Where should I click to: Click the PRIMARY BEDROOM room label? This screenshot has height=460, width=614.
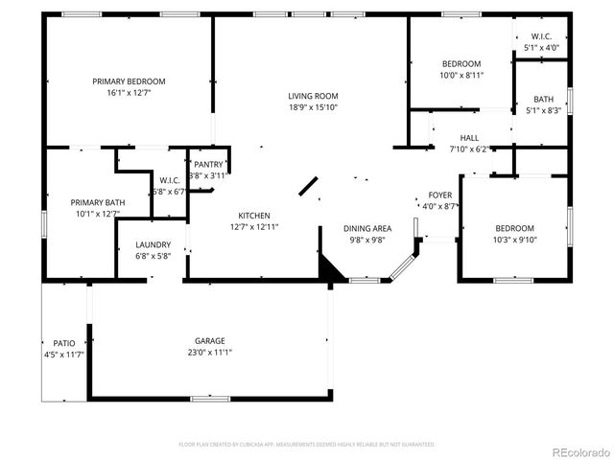(x=129, y=81)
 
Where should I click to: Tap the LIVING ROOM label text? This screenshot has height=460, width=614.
(x=313, y=96)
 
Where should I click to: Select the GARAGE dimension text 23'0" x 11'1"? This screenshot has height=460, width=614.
(x=209, y=353)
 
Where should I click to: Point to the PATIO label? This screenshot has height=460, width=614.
(x=64, y=343)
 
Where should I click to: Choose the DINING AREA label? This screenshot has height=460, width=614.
(x=368, y=228)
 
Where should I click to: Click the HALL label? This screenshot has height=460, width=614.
(x=469, y=138)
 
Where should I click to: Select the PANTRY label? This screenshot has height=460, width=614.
(x=208, y=165)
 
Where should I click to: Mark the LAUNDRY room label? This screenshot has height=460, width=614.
(x=153, y=245)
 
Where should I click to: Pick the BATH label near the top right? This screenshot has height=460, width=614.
(x=544, y=99)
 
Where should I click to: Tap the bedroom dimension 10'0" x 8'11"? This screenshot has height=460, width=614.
(x=461, y=75)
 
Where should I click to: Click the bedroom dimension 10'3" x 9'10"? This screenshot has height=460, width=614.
(x=514, y=240)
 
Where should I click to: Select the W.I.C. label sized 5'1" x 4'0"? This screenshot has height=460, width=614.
(x=541, y=47)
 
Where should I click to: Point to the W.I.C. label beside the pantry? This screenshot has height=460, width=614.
(x=169, y=180)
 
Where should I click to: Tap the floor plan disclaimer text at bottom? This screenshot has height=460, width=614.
(x=307, y=445)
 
